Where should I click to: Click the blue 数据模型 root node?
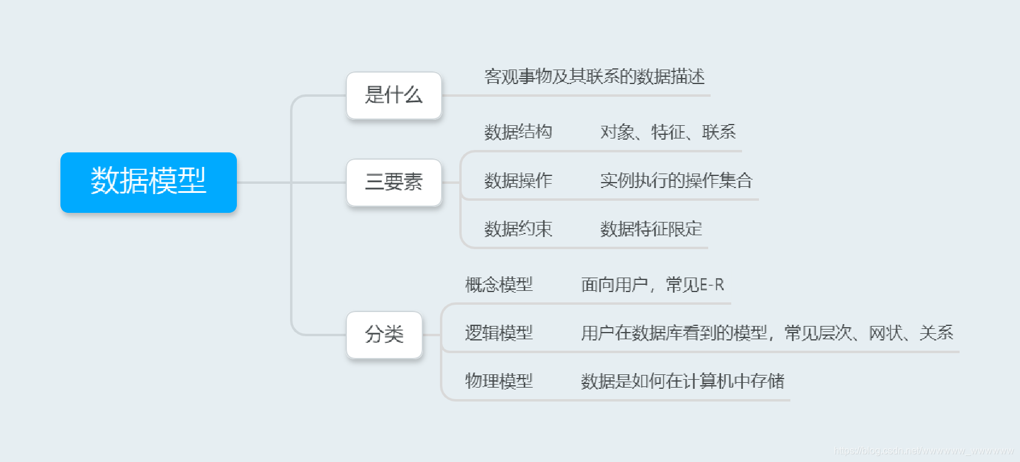tap(149, 182)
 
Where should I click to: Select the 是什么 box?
tap(393, 95)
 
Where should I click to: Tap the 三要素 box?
tap(393, 182)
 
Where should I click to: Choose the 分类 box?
tap(384, 334)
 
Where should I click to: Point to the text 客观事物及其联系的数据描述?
tap(594, 77)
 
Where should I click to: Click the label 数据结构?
tap(518, 132)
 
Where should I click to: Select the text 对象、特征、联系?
tap(668, 132)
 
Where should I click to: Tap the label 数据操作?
tap(518, 180)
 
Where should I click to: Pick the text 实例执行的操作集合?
tap(676, 180)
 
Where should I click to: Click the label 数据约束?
tap(518, 229)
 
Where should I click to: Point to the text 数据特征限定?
tap(651, 229)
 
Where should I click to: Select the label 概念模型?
tap(499, 284)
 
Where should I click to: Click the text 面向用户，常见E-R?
tap(652, 284)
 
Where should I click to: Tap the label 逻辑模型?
tap(499, 333)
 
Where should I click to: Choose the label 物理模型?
tap(499, 381)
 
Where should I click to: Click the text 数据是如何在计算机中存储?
tap(682, 381)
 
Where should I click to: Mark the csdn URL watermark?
tap(923, 451)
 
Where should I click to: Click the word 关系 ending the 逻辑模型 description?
tap(936, 333)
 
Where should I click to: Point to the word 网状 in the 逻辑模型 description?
tap(885, 333)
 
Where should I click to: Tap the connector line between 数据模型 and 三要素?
tap(263, 182)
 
